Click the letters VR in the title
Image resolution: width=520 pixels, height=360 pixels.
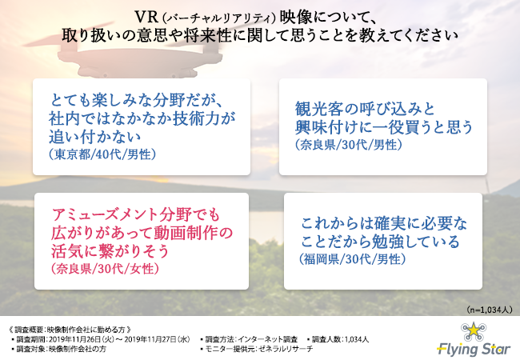(x=146, y=17)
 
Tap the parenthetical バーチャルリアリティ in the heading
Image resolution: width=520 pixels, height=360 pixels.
(x=219, y=18)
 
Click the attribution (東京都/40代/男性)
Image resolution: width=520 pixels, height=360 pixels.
(x=102, y=154)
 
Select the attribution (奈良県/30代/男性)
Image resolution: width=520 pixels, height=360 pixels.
(x=349, y=145)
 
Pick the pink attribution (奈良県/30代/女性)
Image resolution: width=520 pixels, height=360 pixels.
(x=105, y=269)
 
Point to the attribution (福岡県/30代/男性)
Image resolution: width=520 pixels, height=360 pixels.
(x=353, y=259)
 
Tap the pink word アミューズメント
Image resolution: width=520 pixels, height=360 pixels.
(x=105, y=214)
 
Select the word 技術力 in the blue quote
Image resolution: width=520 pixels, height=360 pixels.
(x=195, y=118)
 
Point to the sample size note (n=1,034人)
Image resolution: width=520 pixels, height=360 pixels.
(x=490, y=310)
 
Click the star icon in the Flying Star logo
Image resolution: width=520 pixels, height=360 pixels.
(x=474, y=330)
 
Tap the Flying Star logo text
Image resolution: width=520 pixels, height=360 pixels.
(x=474, y=349)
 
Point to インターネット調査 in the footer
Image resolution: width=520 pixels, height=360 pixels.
(x=268, y=339)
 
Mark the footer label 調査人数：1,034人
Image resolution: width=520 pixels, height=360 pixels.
(x=340, y=339)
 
